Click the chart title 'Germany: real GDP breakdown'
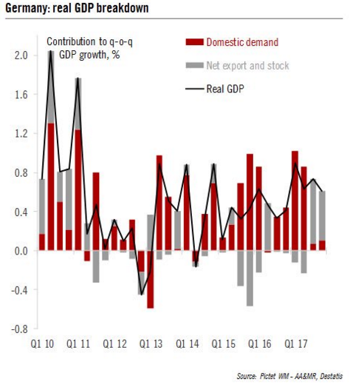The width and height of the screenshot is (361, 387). [x=77, y=8]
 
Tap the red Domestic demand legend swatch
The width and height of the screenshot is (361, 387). [x=195, y=42]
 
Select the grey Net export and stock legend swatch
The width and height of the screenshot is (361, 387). [x=195, y=65]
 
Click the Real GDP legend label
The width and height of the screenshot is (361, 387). [x=225, y=89]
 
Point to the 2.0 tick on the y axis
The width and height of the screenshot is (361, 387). [x=21, y=55]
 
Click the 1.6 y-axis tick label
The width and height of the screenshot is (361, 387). [x=21, y=95]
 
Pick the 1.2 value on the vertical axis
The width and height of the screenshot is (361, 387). [x=21, y=133]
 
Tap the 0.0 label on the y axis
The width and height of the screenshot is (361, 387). [x=21, y=251]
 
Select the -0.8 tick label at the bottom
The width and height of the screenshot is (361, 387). [x=19, y=329]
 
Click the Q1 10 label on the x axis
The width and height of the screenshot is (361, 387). [x=42, y=344]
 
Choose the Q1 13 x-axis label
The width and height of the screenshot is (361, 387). [x=151, y=344]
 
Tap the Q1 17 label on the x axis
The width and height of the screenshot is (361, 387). [x=296, y=344]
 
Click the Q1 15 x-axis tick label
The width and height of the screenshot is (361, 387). [x=224, y=344]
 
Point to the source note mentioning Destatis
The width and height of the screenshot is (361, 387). [x=289, y=376]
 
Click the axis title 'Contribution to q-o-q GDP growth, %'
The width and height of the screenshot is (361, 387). [x=89, y=48]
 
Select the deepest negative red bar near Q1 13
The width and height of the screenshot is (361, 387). [x=150, y=280]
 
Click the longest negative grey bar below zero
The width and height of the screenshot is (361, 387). [x=250, y=278]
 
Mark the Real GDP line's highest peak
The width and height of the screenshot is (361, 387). [x=51, y=51]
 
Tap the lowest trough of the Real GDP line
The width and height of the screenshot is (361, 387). [x=141, y=295]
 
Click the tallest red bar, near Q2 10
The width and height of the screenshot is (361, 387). [x=51, y=186]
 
